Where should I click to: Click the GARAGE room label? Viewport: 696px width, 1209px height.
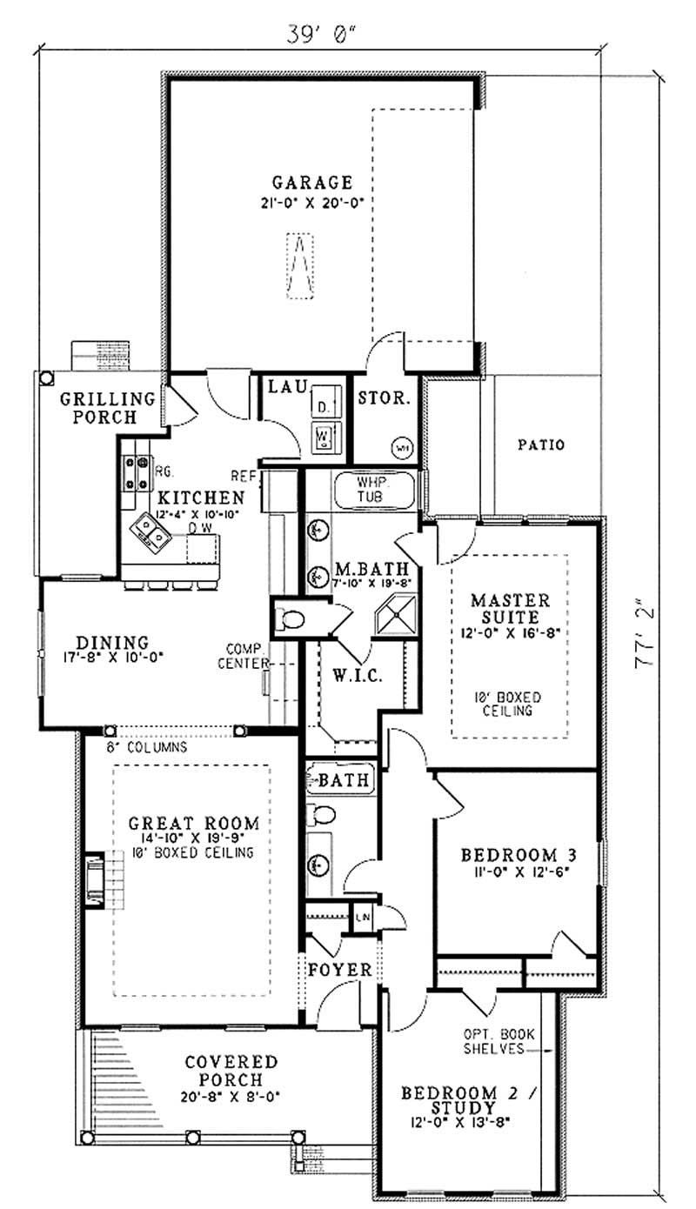pyautogui.click(x=311, y=183)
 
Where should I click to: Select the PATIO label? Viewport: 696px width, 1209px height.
pyautogui.click(x=540, y=444)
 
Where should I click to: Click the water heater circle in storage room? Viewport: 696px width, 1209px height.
pyautogui.click(x=402, y=447)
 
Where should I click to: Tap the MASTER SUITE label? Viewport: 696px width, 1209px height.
pyautogui.click(x=510, y=608)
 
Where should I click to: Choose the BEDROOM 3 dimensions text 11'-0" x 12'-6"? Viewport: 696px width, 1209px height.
pyautogui.click(x=514, y=871)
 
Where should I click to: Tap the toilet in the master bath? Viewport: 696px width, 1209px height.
pyautogui.click(x=290, y=619)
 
